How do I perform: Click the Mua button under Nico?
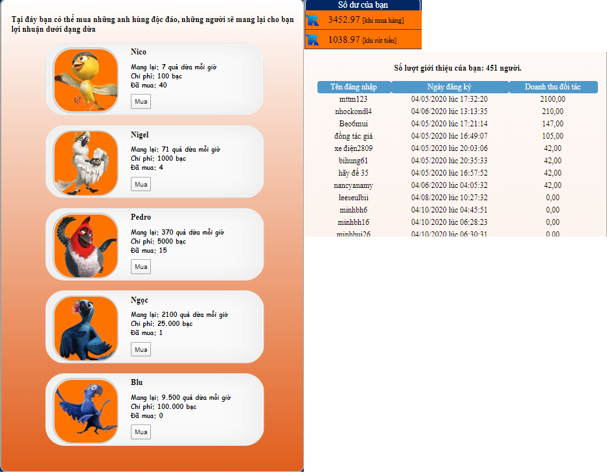141,102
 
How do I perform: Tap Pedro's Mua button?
141,267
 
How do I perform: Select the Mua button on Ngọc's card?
141,349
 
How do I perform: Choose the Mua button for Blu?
141,432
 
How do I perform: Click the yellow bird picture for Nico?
86,80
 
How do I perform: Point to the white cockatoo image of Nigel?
86,163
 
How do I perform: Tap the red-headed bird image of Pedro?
86,246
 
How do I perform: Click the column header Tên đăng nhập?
354,87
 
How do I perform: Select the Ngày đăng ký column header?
450,87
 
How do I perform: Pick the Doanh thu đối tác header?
553,87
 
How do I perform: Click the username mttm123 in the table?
354,99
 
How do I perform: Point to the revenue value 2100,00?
553,99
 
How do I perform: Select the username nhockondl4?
354,111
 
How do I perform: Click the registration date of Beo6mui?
450,124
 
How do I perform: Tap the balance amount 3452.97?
344,19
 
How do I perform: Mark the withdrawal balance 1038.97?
344,40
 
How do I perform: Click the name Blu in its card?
137,382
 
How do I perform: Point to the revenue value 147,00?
553,124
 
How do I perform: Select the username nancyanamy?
354,185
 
